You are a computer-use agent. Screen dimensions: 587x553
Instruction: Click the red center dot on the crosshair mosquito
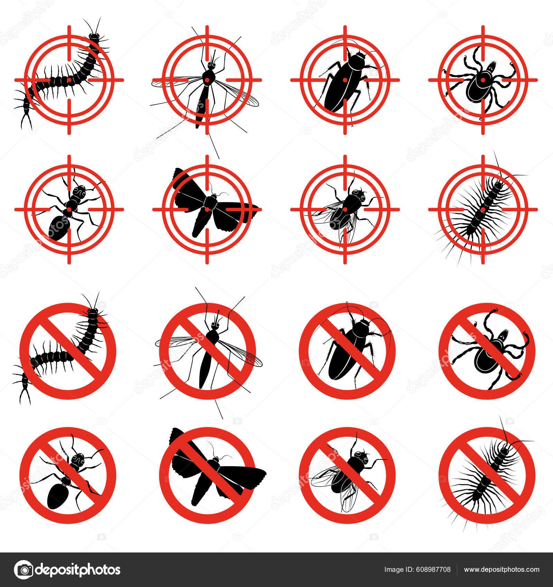(207, 80)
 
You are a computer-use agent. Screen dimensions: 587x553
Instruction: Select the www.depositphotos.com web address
(502, 570)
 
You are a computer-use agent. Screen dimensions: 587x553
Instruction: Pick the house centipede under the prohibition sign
(486, 477)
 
